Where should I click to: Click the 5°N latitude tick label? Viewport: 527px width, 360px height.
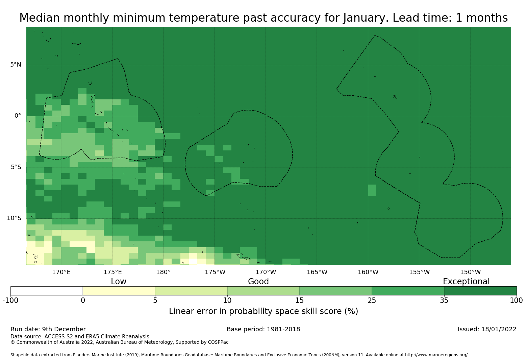coord(16,65)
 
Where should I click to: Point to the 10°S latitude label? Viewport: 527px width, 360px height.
coord(14,218)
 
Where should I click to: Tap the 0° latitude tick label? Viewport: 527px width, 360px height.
coord(18,116)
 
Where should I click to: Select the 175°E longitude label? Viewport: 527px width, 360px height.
coord(112,272)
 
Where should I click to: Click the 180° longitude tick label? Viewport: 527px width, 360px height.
coord(164,272)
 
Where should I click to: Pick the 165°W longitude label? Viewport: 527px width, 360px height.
coord(317,272)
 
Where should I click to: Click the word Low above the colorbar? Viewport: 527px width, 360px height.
coord(119,282)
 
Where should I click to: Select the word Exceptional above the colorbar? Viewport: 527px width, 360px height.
coord(466,282)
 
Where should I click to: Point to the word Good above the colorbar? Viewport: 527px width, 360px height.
coord(258,282)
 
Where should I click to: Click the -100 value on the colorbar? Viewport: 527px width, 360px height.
coord(10,301)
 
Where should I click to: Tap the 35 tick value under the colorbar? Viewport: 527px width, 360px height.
coord(444,301)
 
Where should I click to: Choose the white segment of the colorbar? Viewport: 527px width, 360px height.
coord(47,291)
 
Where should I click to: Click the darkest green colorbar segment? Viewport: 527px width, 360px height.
coord(480,291)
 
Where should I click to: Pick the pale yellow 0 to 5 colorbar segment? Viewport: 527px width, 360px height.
coord(119,291)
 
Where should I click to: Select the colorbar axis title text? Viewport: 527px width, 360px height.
coord(263,311)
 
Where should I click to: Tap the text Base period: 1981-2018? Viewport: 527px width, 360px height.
coord(263,329)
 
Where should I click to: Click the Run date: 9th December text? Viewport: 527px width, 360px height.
coord(48,329)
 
